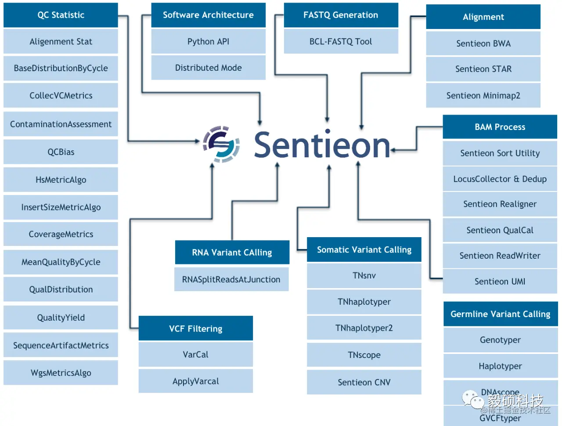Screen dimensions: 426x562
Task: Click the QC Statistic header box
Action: [x=61, y=15]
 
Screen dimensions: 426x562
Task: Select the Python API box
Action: [x=208, y=41]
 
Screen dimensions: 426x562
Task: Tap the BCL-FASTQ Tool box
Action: [x=341, y=41]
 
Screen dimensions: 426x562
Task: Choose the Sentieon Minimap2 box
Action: [x=483, y=95]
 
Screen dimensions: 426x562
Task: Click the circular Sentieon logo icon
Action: [x=221, y=144]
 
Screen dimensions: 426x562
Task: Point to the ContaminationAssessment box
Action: [x=61, y=124]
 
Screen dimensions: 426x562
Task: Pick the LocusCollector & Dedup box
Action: [x=500, y=179]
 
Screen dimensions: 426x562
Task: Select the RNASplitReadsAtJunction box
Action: [x=231, y=279]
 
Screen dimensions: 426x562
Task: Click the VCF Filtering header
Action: [x=195, y=329]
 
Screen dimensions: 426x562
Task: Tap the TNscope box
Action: [x=364, y=355]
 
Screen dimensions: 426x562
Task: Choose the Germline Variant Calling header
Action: [x=500, y=314]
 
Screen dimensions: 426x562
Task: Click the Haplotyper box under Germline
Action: [x=500, y=366]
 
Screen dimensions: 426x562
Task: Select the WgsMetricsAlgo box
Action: [x=61, y=373]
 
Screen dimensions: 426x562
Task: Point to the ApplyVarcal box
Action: [x=195, y=381]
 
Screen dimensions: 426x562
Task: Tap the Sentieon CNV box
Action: [x=364, y=382]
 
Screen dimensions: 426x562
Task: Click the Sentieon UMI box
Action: [x=500, y=282]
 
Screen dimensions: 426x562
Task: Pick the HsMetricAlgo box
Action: [x=61, y=180]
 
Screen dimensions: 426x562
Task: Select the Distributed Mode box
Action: [x=208, y=68]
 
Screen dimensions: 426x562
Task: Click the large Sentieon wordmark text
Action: [x=322, y=145]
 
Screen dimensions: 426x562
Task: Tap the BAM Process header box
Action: [x=500, y=127]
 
